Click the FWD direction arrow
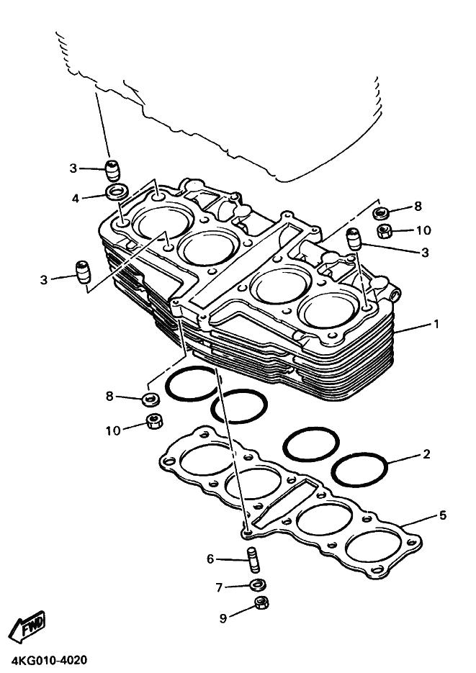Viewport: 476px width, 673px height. (27, 627)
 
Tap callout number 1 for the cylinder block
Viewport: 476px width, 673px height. (436, 324)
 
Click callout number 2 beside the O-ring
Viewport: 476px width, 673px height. (426, 453)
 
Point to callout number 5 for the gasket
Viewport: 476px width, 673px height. (443, 515)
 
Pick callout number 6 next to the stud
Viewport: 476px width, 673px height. (210, 559)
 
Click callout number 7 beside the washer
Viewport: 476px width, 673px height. (220, 587)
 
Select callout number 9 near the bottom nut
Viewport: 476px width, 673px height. (223, 618)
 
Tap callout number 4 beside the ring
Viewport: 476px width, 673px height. (76, 199)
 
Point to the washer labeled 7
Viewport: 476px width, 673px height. (258, 584)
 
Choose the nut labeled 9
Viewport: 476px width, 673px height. (261, 602)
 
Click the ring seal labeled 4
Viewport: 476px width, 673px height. (117, 191)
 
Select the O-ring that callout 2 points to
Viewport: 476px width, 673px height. (361, 469)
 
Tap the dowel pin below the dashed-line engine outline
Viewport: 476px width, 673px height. (113, 170)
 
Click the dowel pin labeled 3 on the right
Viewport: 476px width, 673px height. (354, 239)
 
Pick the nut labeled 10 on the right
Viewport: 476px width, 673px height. (384, 231)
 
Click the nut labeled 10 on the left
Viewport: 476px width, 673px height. (154, 421)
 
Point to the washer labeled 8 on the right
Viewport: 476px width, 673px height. (381, 212)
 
